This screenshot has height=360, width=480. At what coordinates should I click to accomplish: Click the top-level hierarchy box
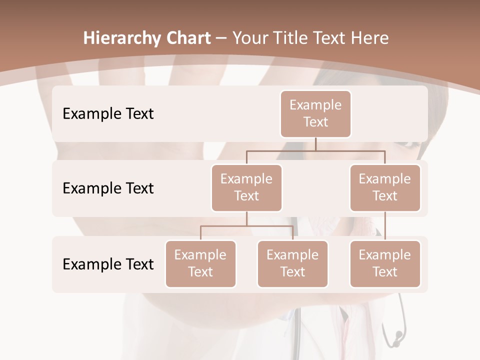[x=315, y=113]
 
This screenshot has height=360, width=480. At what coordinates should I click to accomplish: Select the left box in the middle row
[x=246, y=187]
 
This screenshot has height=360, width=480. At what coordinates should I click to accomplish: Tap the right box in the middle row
[x=385, y=187]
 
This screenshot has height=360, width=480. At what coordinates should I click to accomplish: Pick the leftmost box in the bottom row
[x=200, y=263]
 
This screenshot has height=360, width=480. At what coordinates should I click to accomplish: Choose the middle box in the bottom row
[x=292, y=263]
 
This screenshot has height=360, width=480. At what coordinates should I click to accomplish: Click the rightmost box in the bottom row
[x=385, y=263]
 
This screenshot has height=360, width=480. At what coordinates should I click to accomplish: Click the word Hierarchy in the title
[x=122, y=38]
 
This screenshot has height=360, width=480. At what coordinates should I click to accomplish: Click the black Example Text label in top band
[x=108, y=113]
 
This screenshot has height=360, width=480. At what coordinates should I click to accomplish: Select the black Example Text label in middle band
[x=108, y=188]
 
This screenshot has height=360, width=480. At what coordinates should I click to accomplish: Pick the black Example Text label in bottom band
[x=108, y=264]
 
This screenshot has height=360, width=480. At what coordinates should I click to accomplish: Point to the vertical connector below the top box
[x=315, y=144]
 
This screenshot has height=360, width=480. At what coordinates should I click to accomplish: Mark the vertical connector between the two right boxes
[x=385, y=226]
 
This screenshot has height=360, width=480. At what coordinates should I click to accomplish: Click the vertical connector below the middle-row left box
[x=246, y=218]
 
